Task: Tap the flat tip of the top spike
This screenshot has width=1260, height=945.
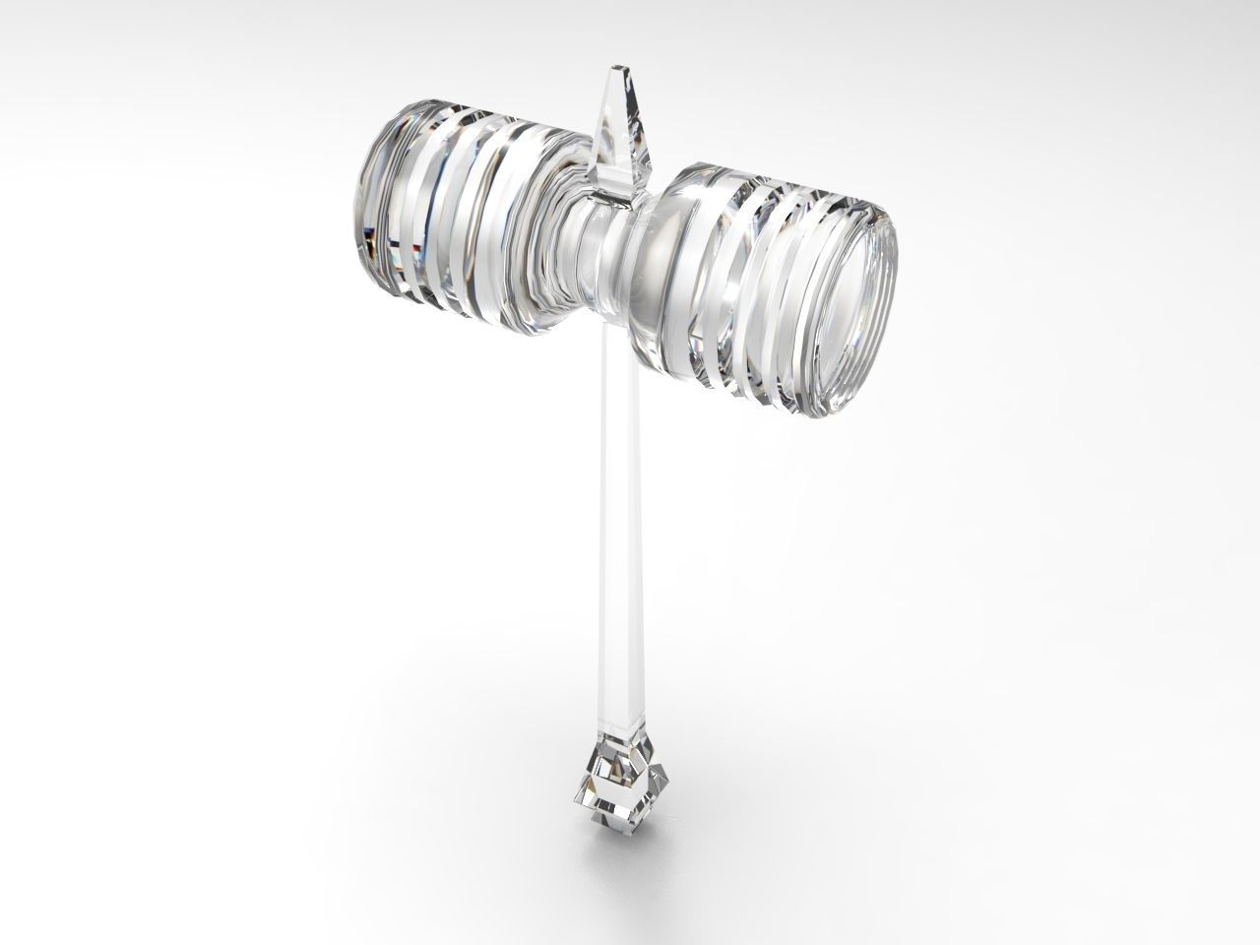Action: pyautogui.click(x=618, y=69)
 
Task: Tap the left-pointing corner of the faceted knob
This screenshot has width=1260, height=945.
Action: pyautogui.click(x=578, y=787)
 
